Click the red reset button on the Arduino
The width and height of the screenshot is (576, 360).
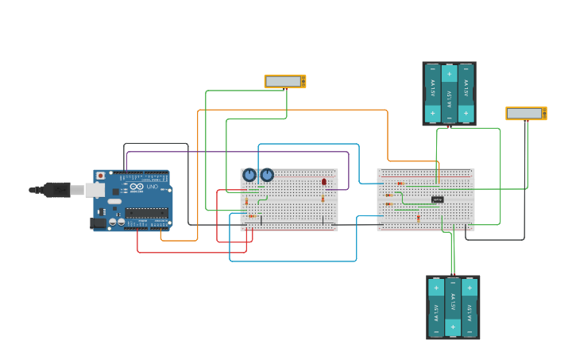[100, 176]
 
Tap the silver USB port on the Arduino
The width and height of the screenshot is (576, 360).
[95, 190]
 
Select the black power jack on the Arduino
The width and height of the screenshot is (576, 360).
[99, 223]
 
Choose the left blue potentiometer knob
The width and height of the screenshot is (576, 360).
[249, 175]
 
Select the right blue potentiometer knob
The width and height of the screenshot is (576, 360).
[267, 175]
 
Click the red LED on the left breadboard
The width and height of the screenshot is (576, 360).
[323, 182]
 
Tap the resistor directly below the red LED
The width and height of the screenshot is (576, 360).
[323, 198]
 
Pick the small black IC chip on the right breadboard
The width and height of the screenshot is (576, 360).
[437, 199]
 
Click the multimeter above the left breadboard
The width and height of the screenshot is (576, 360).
[284, 81]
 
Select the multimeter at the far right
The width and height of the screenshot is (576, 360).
[526, 114]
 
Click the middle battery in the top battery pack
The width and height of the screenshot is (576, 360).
[449, 93]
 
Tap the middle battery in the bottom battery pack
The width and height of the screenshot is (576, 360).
[453, 307]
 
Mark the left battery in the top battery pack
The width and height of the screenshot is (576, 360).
[433, 93]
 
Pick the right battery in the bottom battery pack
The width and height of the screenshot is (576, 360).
[470, 307]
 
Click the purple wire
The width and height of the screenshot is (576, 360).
[238, 151]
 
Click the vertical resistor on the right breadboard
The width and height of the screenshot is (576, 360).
[419, 216]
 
